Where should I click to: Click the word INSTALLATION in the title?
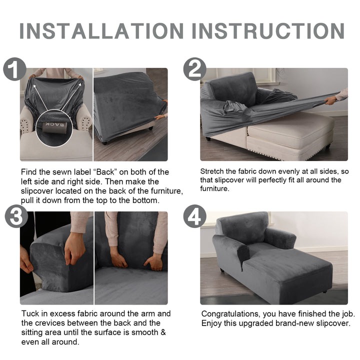pos(101,31)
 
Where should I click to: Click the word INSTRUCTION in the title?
pos(268,31)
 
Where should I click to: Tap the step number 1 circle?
pos(14,69)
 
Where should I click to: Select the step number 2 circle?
pos(194,69)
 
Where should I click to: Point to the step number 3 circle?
pos(16,216)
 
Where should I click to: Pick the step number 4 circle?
pos(194,216)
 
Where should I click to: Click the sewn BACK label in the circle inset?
pos(54,126)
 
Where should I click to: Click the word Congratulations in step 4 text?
pos(230,314)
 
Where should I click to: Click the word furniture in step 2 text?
pos(214,188)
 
